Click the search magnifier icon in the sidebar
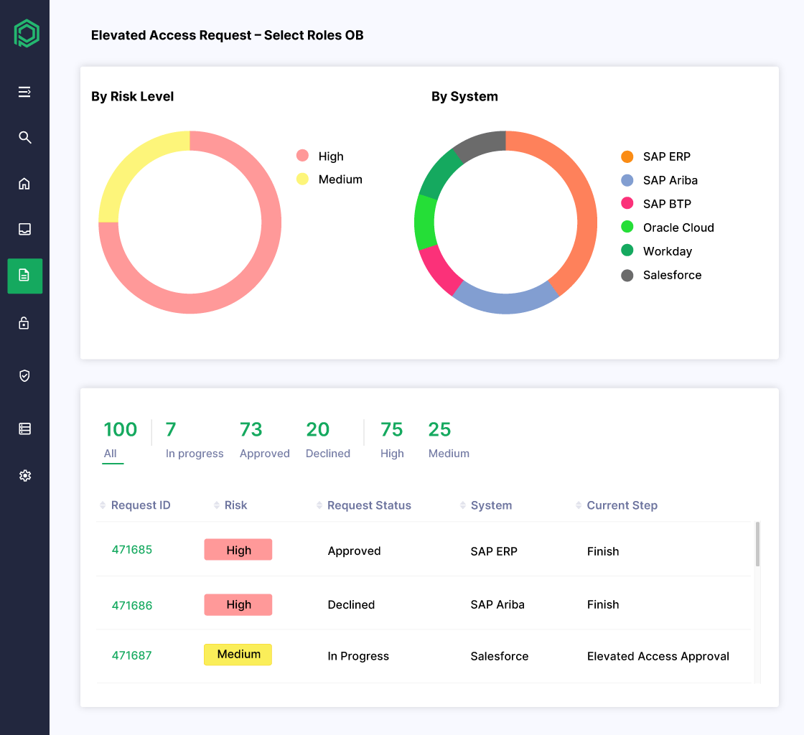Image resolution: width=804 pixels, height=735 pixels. click(25, 137)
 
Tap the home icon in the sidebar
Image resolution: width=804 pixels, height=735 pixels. click(24, 184)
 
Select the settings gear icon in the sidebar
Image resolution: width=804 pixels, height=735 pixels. click(25, 475)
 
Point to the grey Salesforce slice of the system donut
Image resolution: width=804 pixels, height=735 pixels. click(478, 146)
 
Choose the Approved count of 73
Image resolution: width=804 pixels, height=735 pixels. click(251, 430)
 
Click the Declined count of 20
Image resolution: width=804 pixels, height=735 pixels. click(318, 430)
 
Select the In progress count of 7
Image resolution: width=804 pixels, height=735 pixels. click(171, 430)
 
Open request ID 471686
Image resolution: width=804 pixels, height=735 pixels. click(132, 605)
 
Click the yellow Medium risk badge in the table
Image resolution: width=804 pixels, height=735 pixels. click(238, 655)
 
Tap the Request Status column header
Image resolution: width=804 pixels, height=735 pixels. click(369, 505)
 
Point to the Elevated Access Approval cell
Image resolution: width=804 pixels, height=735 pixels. click(658, 656)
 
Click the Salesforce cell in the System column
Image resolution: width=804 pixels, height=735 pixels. click(500, 656)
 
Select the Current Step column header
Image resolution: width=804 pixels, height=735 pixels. click(622, 505)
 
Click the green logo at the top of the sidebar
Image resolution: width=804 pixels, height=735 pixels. click(27, 34)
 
